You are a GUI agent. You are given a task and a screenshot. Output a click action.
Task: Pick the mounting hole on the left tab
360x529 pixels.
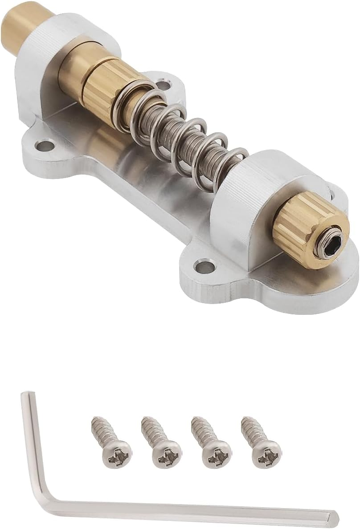click(x=44, y=145)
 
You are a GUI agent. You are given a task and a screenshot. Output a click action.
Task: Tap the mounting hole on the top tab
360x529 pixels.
click(x=165, y=83)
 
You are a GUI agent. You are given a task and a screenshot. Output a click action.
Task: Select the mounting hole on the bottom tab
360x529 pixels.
click(x=205, y=267)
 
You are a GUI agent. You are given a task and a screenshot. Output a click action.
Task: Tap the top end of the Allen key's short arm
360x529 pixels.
click(x=26, y=395)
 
